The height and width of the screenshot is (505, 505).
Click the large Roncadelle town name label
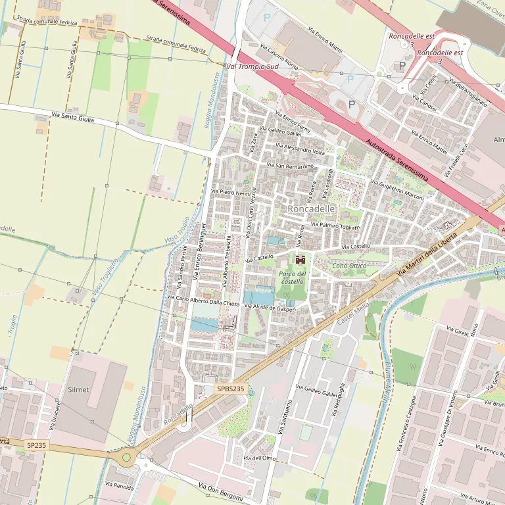point(312,208)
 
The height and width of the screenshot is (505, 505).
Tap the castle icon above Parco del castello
point(301,259)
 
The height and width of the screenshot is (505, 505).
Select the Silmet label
point(78,389)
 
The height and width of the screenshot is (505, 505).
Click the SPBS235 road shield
point(231,389)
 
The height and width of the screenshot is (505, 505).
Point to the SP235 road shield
point(36,445)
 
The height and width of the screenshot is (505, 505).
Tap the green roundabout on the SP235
point(126,457)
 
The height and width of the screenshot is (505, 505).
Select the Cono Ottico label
point(349,266)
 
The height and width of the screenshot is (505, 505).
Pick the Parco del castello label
point(293,277)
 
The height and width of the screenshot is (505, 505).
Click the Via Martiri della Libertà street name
point(426,252)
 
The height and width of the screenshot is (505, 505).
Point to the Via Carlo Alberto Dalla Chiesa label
point(207,300)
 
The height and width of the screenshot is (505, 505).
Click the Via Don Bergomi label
point(220,492)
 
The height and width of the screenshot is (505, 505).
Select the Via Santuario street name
point(284,416)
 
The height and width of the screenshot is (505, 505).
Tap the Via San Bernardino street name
point(290,166)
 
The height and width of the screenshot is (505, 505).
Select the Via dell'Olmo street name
point(259,458)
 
